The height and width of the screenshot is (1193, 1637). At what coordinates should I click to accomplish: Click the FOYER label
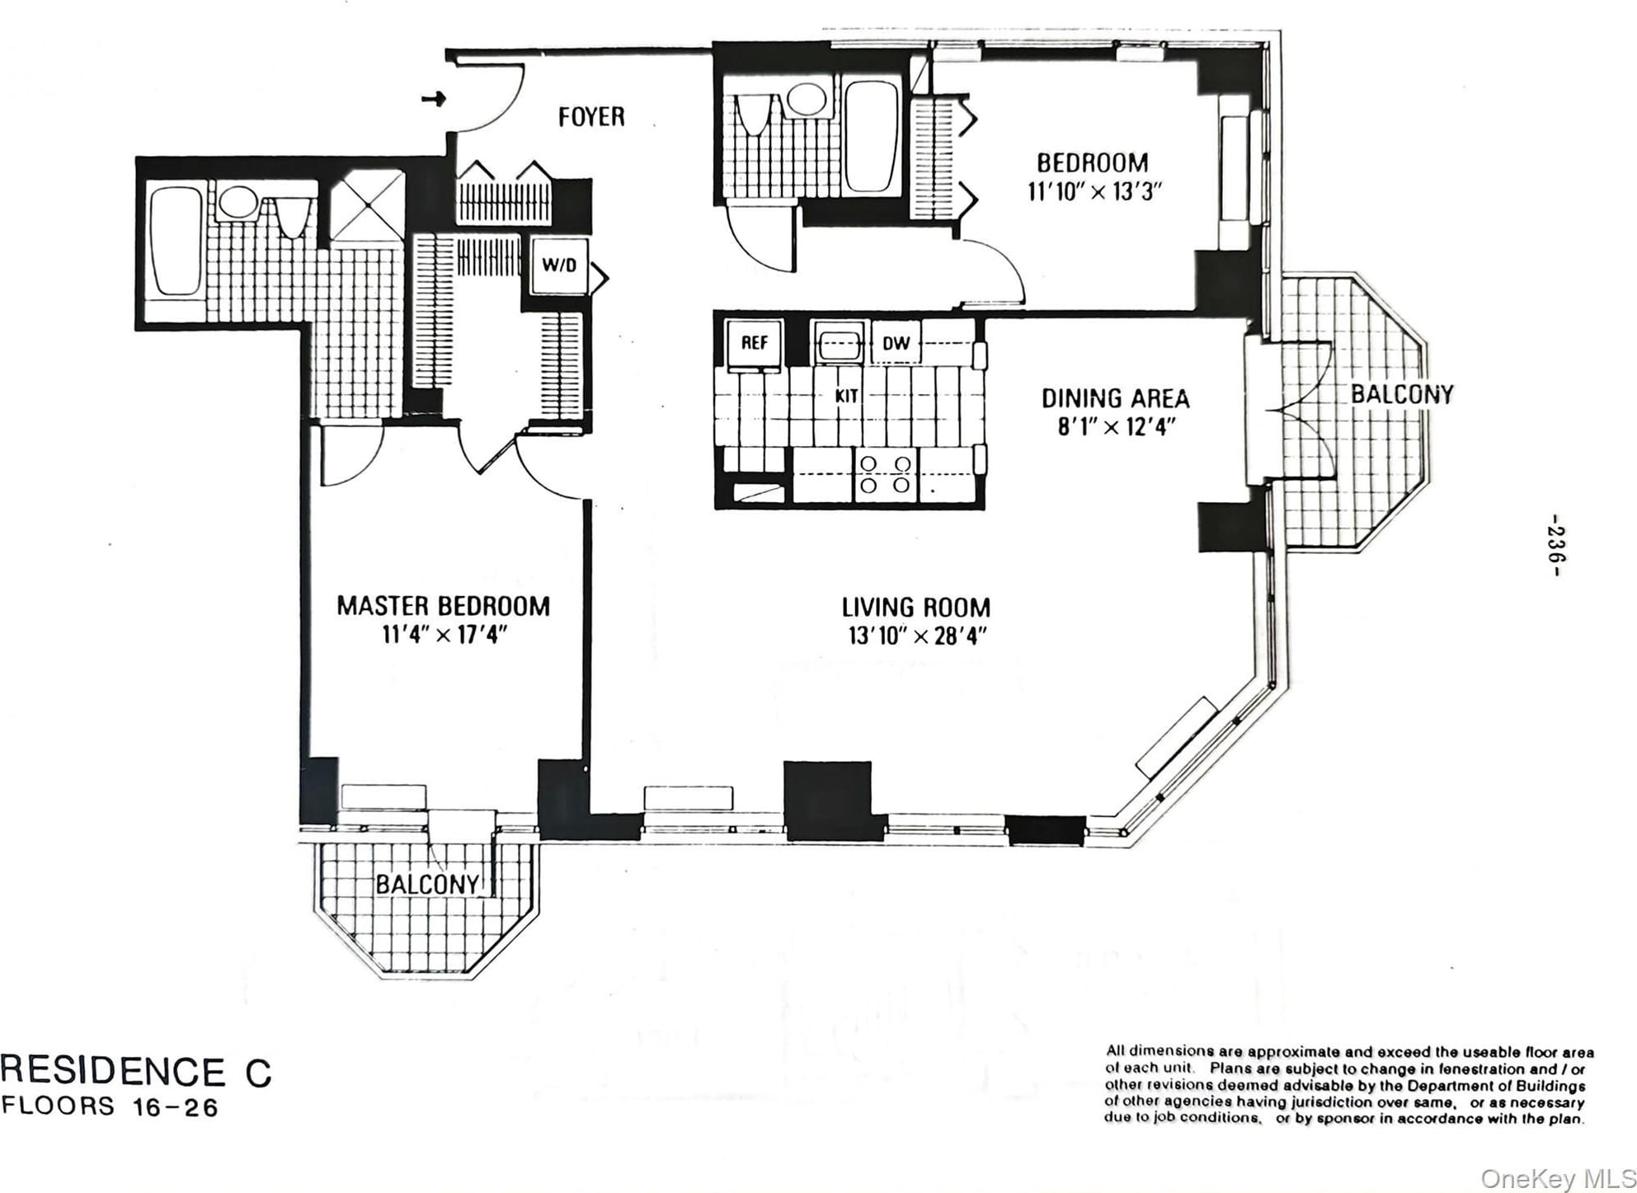tap(591, 117)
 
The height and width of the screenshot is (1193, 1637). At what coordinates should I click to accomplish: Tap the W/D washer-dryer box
tap(559, 265)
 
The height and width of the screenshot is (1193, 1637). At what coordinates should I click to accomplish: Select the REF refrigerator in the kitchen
tap(754, 343)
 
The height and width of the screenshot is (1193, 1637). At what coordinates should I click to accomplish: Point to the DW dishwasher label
tap(896, 343)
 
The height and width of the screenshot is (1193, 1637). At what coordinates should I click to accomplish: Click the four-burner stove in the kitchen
tap(885, 475)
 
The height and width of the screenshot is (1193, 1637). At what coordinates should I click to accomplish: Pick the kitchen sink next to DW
tap(839, 343)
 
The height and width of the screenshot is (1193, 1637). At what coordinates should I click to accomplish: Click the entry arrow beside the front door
tap(434, 99)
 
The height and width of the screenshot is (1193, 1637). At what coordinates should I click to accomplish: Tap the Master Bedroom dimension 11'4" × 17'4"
tap(444, 635)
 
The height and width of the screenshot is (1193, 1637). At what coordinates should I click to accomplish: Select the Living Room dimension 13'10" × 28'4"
tap(916, 636)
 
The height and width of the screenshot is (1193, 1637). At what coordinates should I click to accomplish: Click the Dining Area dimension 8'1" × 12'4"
tap(1116, 427)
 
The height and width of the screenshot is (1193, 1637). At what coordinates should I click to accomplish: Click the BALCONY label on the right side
tap(1401, 395)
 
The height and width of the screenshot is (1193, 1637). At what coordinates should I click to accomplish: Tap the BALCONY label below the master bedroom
tap(427, 885)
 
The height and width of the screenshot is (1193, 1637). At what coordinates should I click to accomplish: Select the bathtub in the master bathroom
tap(176, 240)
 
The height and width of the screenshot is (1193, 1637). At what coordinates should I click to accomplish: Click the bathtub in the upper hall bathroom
tap(871, 136)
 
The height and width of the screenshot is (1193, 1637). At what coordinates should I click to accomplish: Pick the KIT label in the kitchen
tap(847, 396)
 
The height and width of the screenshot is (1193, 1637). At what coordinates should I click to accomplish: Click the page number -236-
tap(1555, 545)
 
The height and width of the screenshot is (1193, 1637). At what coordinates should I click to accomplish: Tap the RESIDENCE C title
tap(136, 1072)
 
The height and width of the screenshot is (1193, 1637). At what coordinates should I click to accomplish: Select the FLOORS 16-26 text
tap(111, 1106)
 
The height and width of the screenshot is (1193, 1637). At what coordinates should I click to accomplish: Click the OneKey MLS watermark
tap(1558, 1178)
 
